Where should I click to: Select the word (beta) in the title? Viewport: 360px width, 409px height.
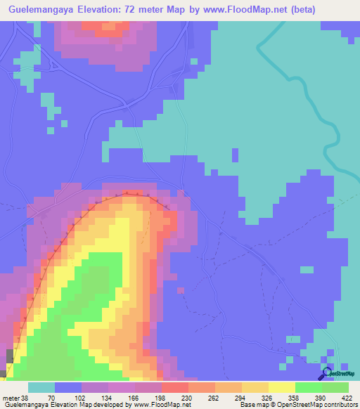pyautogui.click(x=278, y=10)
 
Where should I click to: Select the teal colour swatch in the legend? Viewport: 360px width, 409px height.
pyautogui.click(x=41, y=388)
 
